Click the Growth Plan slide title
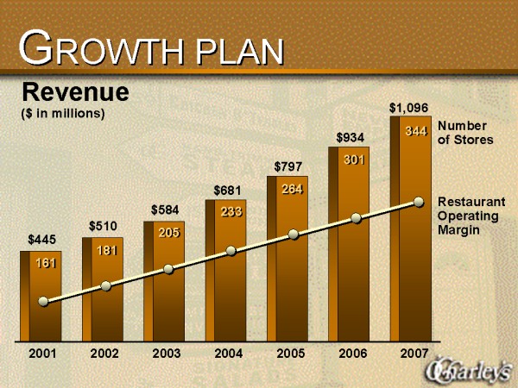coord(152,50)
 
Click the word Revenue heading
coord(75,91)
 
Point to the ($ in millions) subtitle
coord(62,113)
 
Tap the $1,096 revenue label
coord(407,108)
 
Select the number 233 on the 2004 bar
coord(231,212)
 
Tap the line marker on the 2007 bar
coord(419,202)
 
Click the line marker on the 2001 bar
coord(44,302)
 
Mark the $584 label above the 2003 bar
coord(166,209)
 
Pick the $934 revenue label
coord(351,137)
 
